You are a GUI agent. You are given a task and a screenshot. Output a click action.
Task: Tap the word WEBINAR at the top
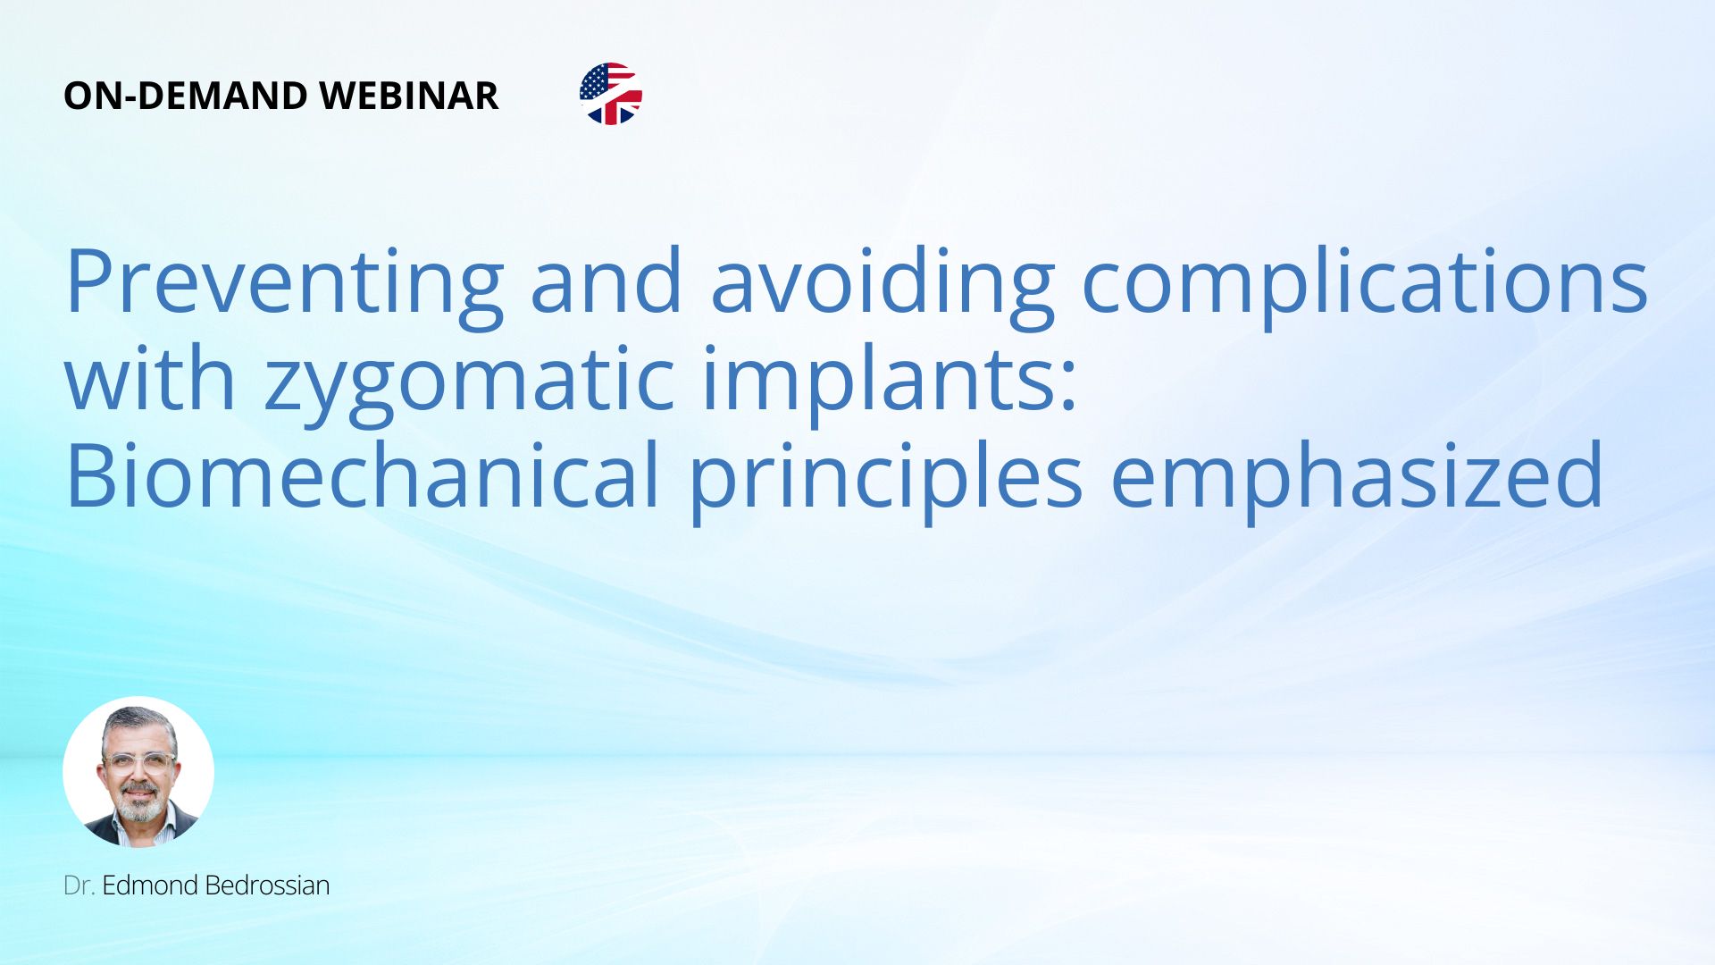(408, 96)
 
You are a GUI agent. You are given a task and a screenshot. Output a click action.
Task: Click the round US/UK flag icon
(611, 94)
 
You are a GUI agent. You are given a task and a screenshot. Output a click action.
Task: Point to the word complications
(1365, 282)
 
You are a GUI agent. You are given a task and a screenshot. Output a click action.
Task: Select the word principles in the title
(885, 479)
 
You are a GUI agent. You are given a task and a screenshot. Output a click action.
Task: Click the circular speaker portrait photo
(138, 772)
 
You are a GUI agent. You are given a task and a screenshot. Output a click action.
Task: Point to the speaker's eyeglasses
(138, 762)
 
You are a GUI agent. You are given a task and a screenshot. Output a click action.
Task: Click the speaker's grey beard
(141, 805)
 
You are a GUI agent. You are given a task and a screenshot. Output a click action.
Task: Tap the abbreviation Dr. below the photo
(79, 885)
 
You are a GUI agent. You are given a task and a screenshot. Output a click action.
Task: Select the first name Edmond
(150, 885)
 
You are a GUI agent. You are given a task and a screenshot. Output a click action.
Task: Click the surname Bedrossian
(267, 885)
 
